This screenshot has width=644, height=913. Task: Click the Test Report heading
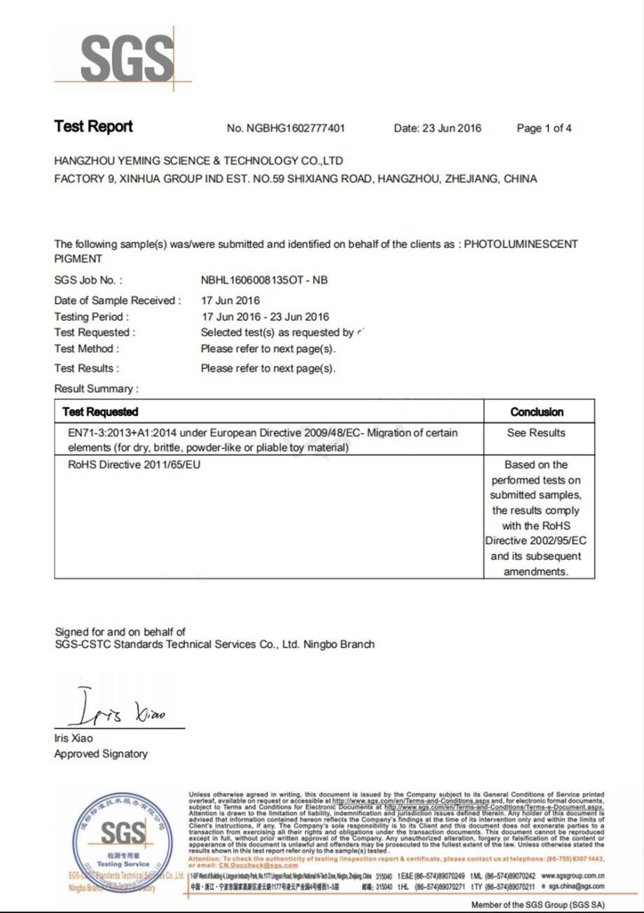93,127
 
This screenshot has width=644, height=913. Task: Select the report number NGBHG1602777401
286,128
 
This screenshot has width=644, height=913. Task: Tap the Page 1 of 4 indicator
544,128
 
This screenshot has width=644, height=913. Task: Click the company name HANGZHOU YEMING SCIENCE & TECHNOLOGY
198,160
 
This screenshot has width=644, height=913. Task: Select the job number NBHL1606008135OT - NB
264,280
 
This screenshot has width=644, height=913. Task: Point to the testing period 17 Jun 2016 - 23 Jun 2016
265,317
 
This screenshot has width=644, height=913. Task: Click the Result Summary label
96,389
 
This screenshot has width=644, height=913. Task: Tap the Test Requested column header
100,412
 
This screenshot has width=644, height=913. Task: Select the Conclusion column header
537,412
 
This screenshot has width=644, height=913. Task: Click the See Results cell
536,433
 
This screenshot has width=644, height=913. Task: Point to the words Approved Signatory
101,754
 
